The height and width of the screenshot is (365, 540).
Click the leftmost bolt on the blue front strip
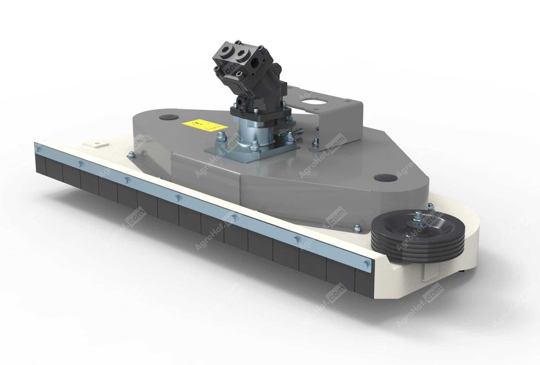[x=38, y=147]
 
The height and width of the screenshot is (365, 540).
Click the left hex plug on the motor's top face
[x=226, y=51]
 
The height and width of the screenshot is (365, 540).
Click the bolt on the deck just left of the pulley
[x=357, y=227]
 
